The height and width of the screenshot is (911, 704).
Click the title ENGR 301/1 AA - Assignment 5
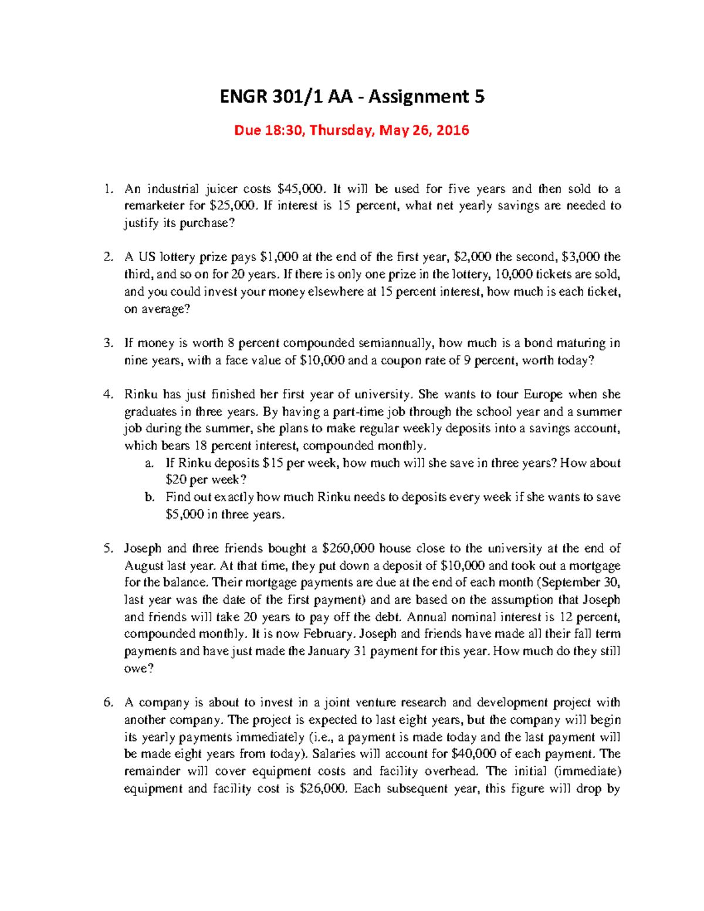(352, 96)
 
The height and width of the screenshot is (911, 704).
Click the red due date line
(351, 130)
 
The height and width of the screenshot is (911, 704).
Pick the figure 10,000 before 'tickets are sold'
(514, 274)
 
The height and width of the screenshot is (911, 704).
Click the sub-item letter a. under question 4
(150, 463)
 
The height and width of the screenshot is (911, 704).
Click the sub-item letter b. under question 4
(150, 497)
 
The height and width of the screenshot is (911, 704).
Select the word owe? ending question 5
(138, 668)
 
